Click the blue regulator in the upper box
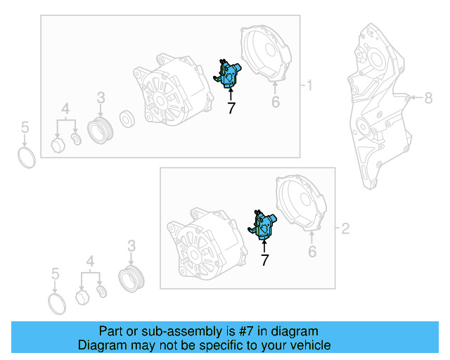click(229, 75)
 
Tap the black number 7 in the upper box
click(231, 108)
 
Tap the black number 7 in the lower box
click(264, 260)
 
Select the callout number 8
click(428, 98)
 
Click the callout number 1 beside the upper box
click(309, 85)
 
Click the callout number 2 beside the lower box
click(345, 229)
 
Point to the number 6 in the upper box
click(276, 102)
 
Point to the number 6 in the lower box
click(312, 252)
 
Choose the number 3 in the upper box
click(101, 98)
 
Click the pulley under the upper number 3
click(100, 131)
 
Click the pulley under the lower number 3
click(131, 279)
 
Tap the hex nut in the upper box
click(58, 145)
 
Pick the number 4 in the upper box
click(65, 109)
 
